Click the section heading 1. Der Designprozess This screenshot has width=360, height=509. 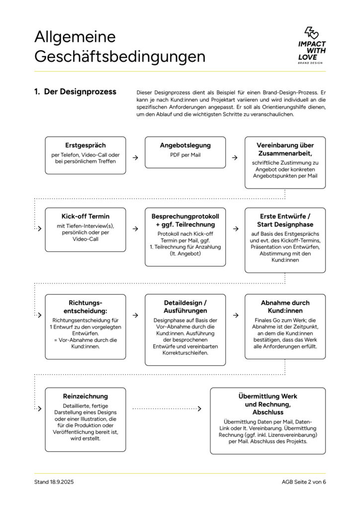pyautogui.click(x=75, y=91)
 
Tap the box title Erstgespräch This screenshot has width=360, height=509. pyautogui.click(x=85, y=145)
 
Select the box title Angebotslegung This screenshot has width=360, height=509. pyautogui.click(x=185, y=145)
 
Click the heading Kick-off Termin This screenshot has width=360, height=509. pyautogui.click(x=85, y=217)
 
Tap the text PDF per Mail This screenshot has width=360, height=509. pyautogui.click(x=185, y=155)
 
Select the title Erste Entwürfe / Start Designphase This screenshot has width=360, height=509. pyautogui.click(x=285, y=221)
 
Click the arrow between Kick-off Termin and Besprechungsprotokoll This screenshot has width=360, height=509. pyautogui.click(x=135, y=229)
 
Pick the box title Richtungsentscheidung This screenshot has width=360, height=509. pyautogui.click(x=85, y=306)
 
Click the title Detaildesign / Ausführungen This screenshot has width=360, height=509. pyautogui.click(x=185, y=306)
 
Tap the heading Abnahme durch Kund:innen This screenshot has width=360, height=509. pyautogui.click(x=285, y=306)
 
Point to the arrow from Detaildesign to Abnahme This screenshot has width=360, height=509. pyautogui.click(x=235, y=315)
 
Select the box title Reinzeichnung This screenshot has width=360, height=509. pyautogui.click(x=85, y=396)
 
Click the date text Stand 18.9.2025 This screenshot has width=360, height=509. pyautogui.click(x=54, y=482)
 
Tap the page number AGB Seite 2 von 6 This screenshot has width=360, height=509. pyautogui.click(x=303, y=482)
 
